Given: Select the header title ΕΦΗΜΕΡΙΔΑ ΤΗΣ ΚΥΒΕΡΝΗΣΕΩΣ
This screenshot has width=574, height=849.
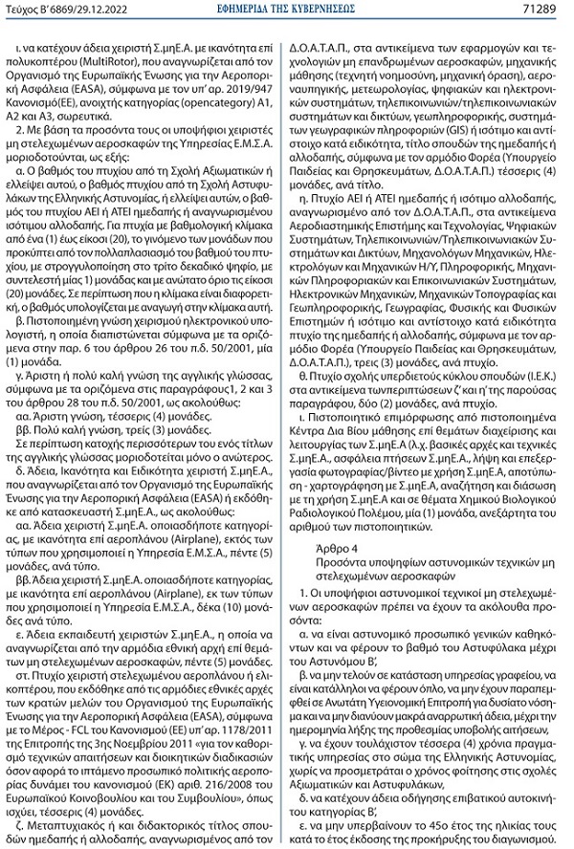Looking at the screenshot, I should coord(287,10).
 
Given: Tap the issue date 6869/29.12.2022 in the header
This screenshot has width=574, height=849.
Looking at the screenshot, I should coord(85,10).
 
